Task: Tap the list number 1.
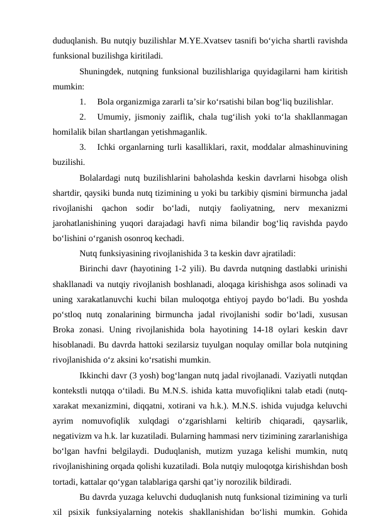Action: click(x=83, y=101)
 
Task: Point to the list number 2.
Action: click(x=83, y=117)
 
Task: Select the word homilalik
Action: click(x=69, y=132)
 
